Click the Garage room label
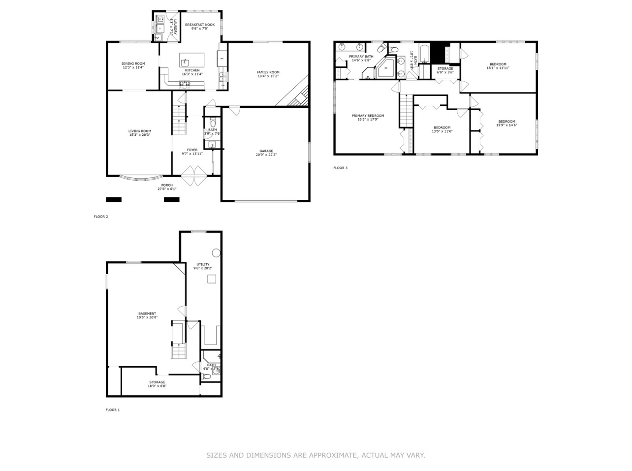pos(266,151)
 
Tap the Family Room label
pos(268,72)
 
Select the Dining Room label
pos(133,63)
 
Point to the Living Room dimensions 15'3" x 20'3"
pos(139,135)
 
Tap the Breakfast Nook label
pos(199,25)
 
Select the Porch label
pos(166,185)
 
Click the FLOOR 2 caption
pos(100,217)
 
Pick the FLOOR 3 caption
pos(340,168)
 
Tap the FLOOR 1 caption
pos(112,409)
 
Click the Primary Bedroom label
pos(368,116)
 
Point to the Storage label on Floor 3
pos(445,69)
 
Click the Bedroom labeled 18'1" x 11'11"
pos(498,64)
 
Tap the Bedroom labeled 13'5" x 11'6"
pos(442,127)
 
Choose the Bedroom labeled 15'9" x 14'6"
pos(506,122)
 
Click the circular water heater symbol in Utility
pos(216,252)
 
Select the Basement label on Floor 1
pos(147,314)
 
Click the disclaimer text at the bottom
pos(316,455)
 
